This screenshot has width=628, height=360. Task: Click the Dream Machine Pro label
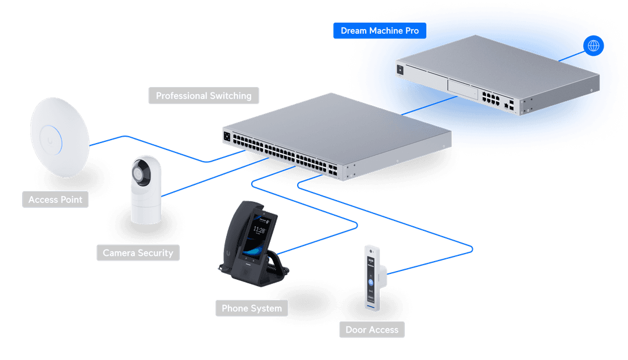coord(379,31)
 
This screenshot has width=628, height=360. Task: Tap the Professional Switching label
coord(204,96)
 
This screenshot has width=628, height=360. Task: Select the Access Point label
coord(55,199)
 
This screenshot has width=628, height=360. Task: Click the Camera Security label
coord(138,253)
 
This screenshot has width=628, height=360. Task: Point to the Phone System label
coord(251,308)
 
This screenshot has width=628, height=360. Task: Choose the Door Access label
coord(372,330)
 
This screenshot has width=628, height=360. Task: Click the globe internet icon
coord(593,45)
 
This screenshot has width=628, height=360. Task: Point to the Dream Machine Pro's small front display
coord(400,69)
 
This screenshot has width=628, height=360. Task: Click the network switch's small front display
coord(227,137)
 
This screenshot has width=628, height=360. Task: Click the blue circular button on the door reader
coord(370,283)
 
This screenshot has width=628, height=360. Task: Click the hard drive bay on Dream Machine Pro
coord(462,89)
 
